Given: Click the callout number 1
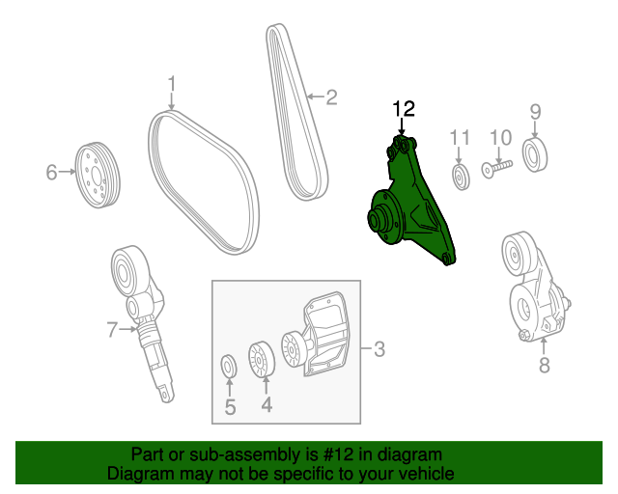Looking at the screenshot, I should click(x=172, y=83).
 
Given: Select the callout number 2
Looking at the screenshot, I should click(x=330, y=96).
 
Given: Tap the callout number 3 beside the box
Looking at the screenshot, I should click(x=379, y=349).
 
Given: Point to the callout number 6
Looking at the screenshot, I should click(x=52, y=173).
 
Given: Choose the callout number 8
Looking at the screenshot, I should click(x=544, y=365).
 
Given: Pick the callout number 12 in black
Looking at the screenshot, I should click(x=403, y=108).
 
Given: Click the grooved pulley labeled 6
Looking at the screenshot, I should click(x=98, y=174).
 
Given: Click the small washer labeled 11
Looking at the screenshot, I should click(x=461, y=177).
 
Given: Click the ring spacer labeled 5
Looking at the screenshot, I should click(x=230, y=367).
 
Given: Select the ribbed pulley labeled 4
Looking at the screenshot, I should click(x=261, y=361).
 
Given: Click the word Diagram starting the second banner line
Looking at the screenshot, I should click(x=136, y=474).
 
